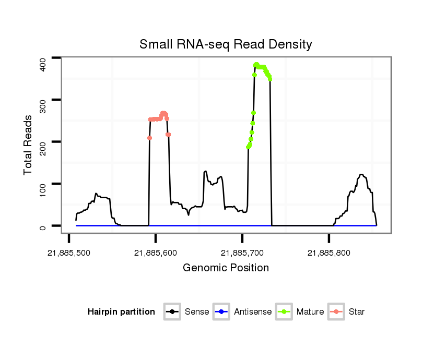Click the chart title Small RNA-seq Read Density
coord(226,44)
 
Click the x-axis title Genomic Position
coord(226,268)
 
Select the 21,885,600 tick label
coord(156,253)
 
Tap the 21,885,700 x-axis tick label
coord(242,253)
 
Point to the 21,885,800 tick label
coord(329,253)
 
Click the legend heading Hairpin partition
coord(121,312)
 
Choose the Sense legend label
coord(197,312)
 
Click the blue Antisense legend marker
coord(221,312)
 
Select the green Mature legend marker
coord(284,312)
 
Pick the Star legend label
coord(357,312)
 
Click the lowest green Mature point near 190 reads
coord(248,147)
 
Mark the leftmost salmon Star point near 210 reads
coord(149,138)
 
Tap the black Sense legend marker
coord(172,312)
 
